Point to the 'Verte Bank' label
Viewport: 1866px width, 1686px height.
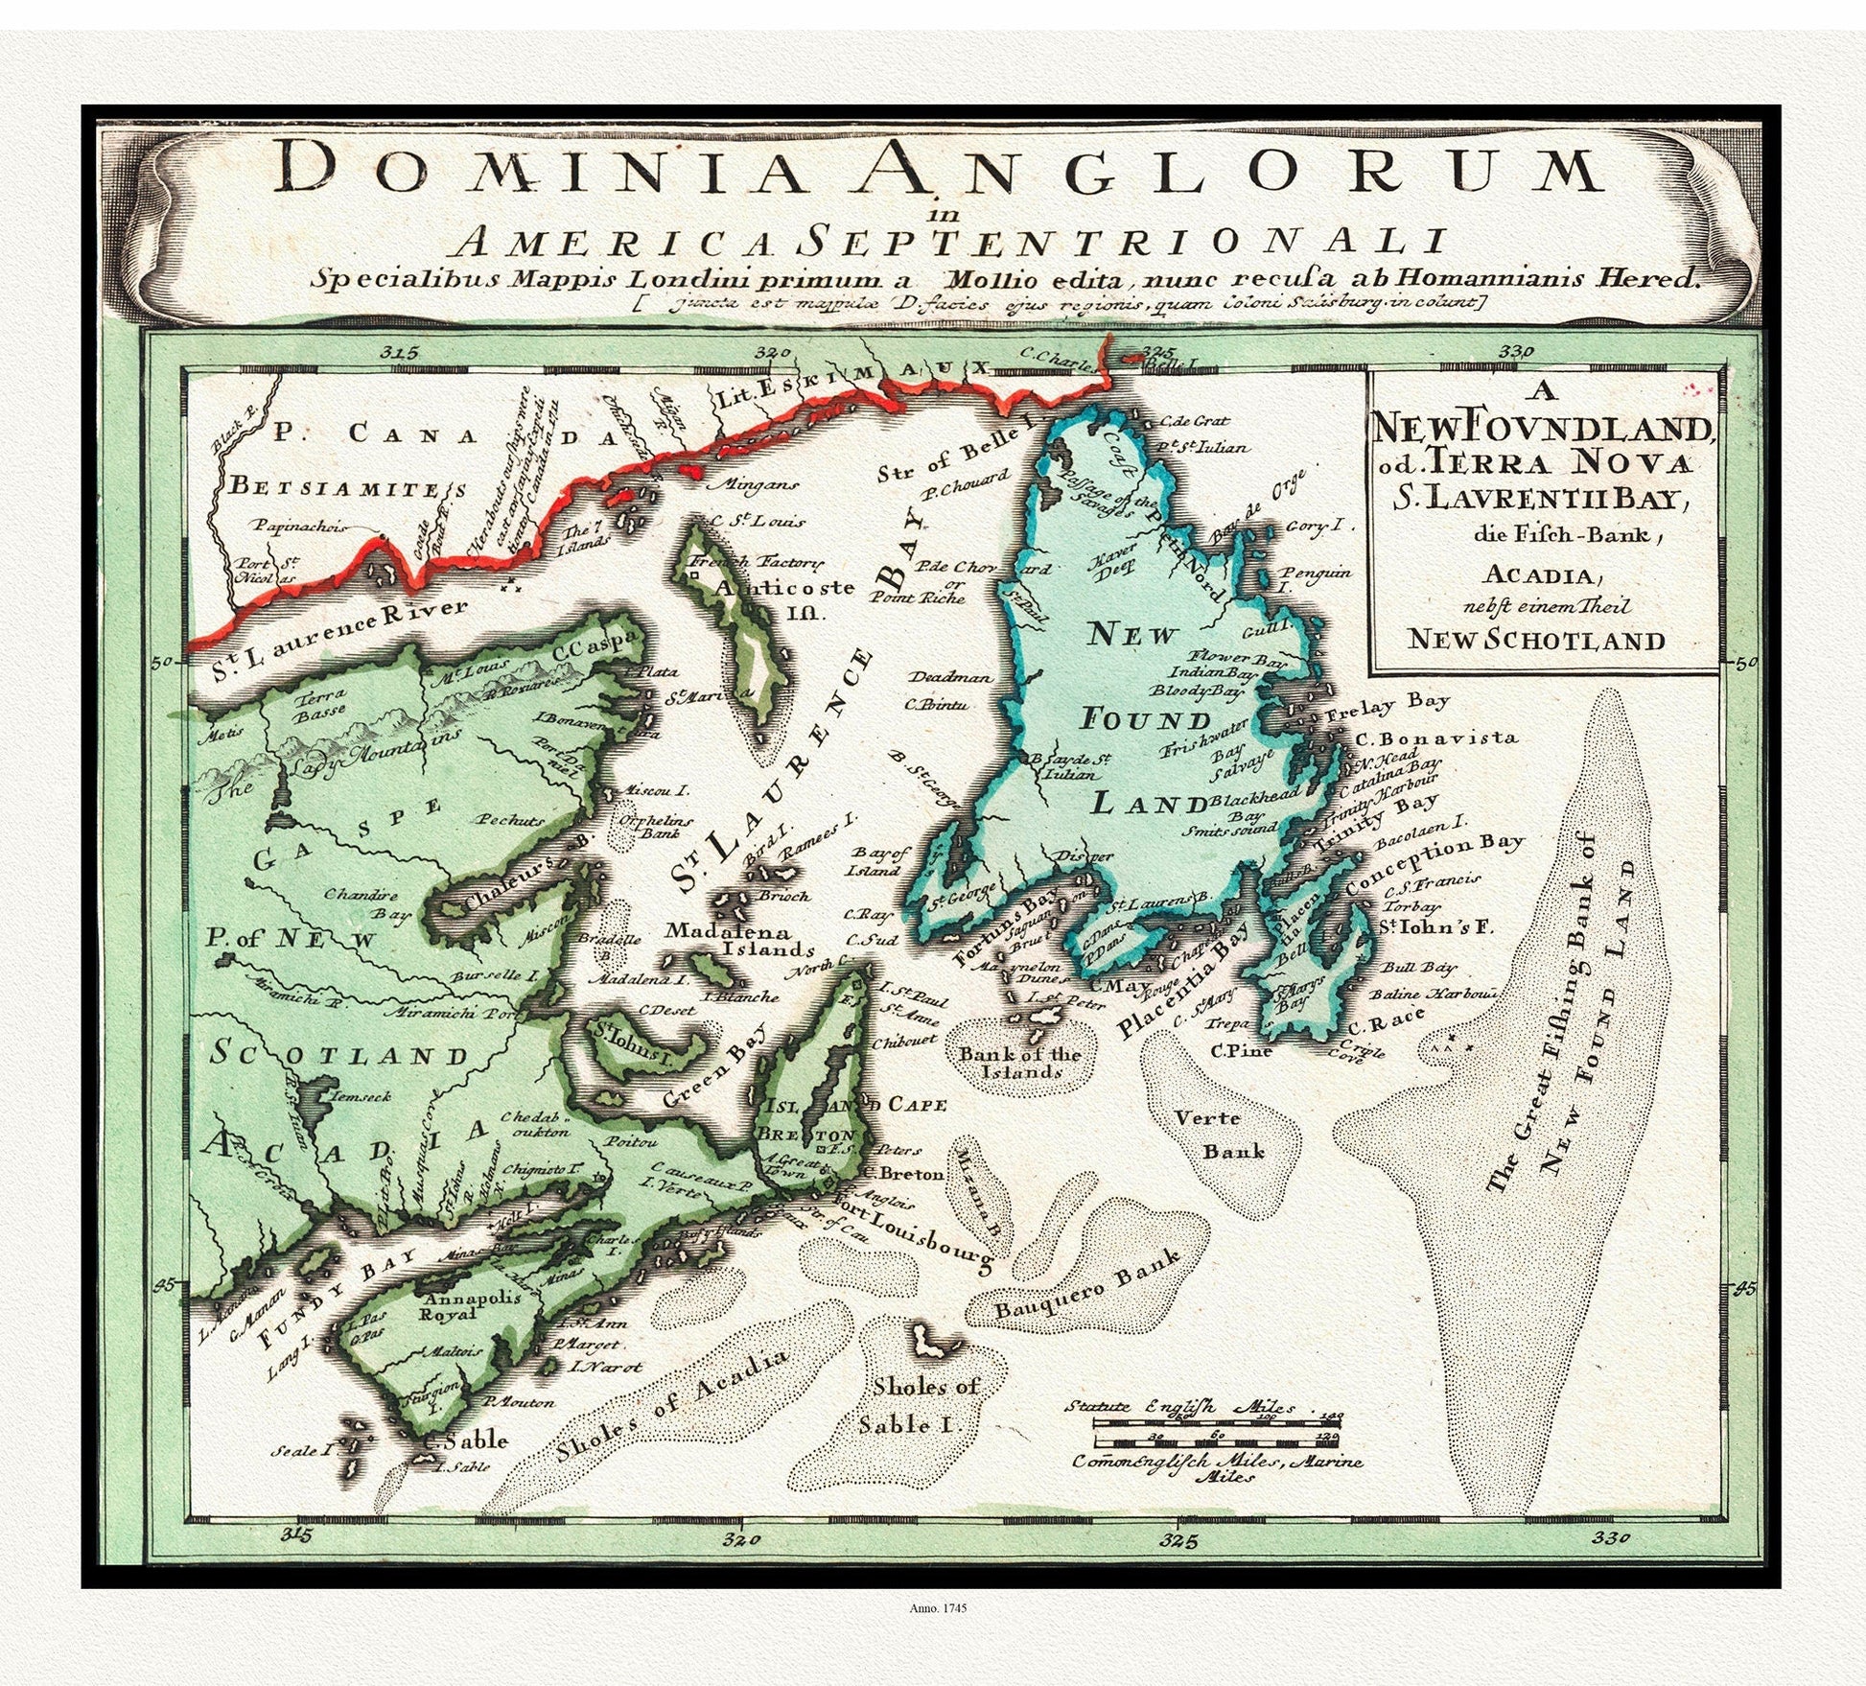[1208, 1135]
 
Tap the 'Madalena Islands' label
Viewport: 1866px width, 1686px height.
[739, 940]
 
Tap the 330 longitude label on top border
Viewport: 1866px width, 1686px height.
[1517, 352]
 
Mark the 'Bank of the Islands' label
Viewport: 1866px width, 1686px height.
[1019, 1062]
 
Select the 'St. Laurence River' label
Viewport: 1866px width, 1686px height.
[339, 633]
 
